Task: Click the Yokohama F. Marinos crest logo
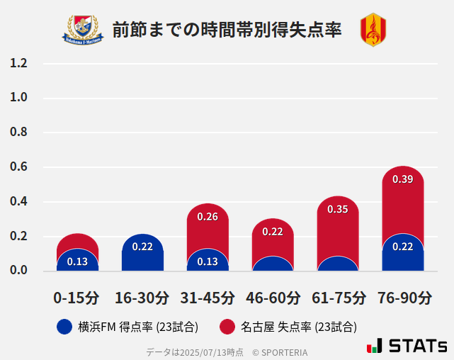[x=84, y=29]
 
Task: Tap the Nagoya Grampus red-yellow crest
[x=373, y=30]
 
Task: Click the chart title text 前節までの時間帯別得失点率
[x=227, y=30]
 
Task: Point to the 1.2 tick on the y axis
[x=18, y=63]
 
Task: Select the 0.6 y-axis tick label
[x=18, y=167]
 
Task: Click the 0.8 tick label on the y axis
[x=18, y=133]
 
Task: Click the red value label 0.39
[x=402, y=179]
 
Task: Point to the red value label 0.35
[x=338, y=209]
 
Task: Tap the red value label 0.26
[x=208, y=217]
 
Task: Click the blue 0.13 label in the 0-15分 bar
[x=77, y=261]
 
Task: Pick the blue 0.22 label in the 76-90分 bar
[x=402, y=247]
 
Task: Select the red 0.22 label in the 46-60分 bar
[x=273, y=232]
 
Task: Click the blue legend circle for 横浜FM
[x=64, y=327]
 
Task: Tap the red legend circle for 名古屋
[x=227, y=327]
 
